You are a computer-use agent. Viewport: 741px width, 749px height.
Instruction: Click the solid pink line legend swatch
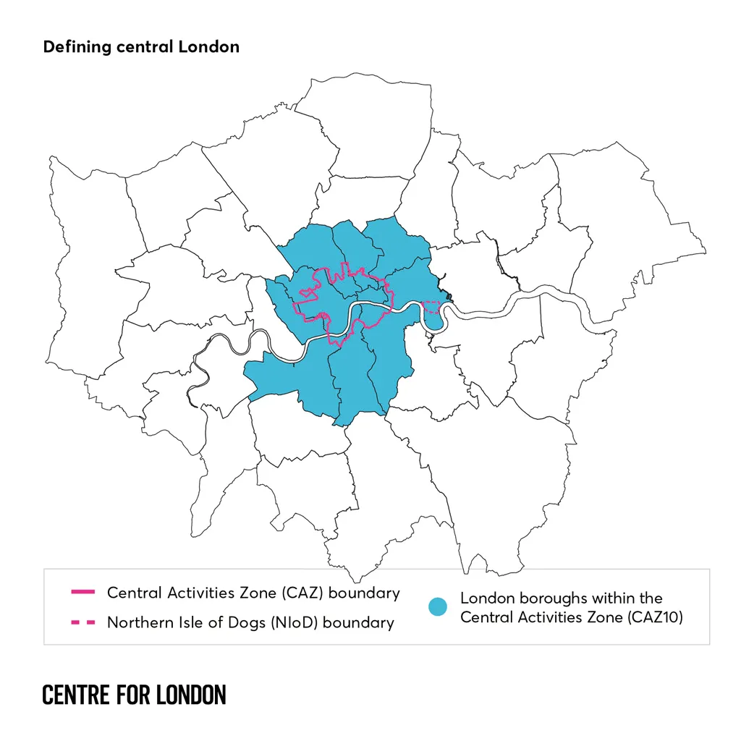(x=82, y=593)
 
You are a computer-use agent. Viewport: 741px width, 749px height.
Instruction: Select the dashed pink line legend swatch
(x=82, y=622)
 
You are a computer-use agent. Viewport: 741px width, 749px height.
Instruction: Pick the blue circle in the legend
(x=436, y=607)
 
